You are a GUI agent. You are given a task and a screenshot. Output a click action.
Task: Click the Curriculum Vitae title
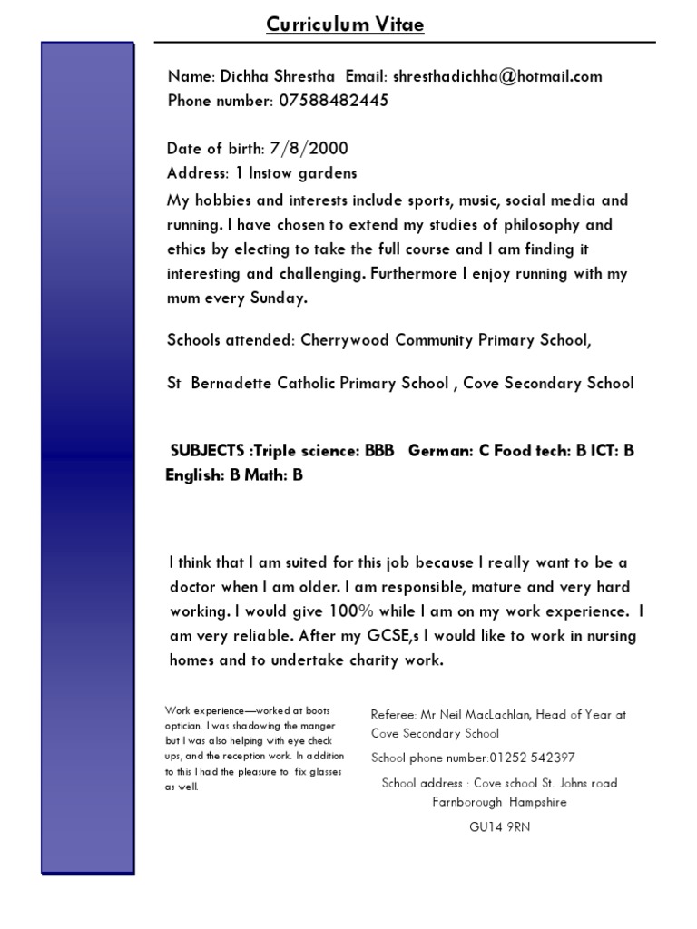click(x=345, y=25)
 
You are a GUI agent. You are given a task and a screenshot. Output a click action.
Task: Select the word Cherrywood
click(x=342, y=341)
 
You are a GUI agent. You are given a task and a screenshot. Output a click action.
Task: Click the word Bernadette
click(x=234, y=383)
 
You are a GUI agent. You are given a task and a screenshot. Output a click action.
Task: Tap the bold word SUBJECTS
click(x=210, y=451)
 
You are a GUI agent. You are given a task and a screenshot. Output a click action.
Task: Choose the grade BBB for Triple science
click(x=379, y=451)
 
